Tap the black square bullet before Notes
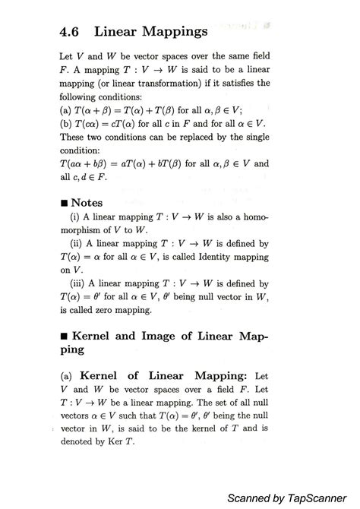click(x=63, y=204)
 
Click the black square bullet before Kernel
click(x=63, y=335)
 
